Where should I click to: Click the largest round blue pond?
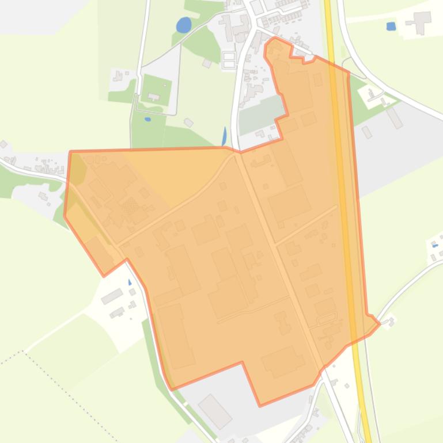tap(183, 25)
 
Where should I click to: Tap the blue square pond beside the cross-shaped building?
tap(391, 26)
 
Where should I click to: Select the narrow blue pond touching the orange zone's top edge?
tap(224, 136)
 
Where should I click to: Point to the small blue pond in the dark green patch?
tap(148, 119)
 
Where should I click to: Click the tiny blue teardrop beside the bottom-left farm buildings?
tap(130, 282)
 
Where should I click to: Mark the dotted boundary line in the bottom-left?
tap(58, 380)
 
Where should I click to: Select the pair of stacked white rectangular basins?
tap(229, 59)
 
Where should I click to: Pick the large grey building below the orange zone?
tap(214, 411)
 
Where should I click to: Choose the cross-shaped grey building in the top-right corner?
tap(422, 21)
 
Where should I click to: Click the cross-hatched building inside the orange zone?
tap(132, 207)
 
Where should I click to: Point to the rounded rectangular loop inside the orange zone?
tap(326, 318)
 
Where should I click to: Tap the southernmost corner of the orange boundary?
tap(260, 406)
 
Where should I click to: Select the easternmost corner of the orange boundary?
tap(379, 324)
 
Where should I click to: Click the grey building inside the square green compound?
tap(154, 97)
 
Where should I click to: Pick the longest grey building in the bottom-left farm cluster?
tap(112, 296)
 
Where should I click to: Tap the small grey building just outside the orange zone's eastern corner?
tap(391, 322)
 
